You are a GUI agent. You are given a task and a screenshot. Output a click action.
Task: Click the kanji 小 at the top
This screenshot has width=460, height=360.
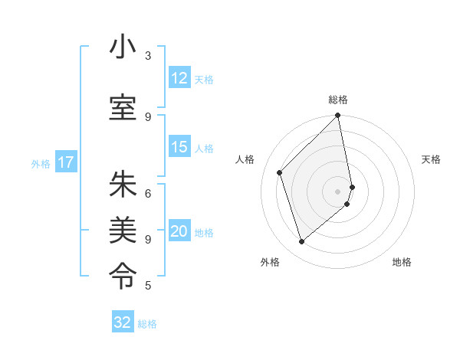[123, 47]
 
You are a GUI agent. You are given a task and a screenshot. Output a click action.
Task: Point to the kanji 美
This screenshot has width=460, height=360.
[123, 229]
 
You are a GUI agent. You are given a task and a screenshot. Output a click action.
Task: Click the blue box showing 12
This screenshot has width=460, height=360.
[179, 78]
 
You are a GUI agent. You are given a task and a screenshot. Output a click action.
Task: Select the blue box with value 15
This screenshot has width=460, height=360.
[179, 147]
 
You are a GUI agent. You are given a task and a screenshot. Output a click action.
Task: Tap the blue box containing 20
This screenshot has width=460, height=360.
[179, 232]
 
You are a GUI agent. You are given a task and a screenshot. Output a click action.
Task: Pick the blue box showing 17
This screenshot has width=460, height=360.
[66, 162]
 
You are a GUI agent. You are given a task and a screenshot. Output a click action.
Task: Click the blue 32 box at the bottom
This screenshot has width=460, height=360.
[123, 322]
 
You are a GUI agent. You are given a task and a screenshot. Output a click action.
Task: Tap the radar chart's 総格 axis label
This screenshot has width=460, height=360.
[338, 100]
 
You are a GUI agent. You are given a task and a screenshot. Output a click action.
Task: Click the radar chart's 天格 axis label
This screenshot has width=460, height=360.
[431, 159]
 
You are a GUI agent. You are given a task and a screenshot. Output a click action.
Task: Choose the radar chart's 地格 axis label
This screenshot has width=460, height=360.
[402, 263]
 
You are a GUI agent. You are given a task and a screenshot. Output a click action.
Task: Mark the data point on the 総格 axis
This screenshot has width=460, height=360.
[338, 116]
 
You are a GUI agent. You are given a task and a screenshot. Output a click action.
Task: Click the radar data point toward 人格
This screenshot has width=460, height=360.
[280, 172]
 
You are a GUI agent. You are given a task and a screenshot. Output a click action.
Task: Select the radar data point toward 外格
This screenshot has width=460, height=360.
[302, 242]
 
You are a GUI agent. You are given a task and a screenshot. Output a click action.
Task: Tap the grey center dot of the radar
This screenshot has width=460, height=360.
[338, 191]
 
